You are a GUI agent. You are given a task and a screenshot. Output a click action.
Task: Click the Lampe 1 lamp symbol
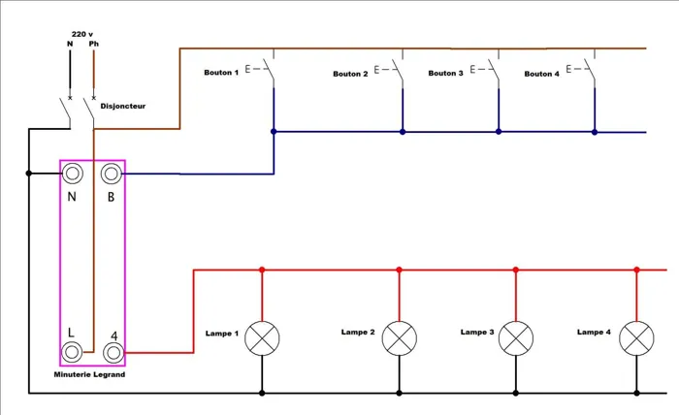point(262,336)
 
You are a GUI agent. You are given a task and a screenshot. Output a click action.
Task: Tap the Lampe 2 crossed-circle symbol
point(399,336)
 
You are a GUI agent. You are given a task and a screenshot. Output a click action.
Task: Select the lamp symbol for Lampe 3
point(516,336)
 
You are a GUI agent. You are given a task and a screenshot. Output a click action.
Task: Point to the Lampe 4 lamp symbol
point(636,336)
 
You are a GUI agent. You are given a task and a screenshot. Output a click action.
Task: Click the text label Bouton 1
point(221,73)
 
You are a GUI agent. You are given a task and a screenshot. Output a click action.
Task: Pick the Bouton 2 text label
point(350,74)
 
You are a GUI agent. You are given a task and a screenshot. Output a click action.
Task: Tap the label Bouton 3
point(445,73)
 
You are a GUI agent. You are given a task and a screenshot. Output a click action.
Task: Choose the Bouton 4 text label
point(541,74)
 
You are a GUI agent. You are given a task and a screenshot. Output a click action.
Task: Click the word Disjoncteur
point(123,106)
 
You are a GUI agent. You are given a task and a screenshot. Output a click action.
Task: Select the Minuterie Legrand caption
point(90,374)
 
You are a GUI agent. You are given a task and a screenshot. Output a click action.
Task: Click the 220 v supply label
point(82,32)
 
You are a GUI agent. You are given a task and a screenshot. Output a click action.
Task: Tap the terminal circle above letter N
point(72,174)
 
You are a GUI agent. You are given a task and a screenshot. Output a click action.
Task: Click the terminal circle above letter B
point(112,174)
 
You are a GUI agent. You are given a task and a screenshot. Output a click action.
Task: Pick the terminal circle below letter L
point(72,352)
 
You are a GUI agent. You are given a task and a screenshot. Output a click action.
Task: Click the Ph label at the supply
point(93,43)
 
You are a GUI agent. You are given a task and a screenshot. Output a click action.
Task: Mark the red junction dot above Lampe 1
point(262,270)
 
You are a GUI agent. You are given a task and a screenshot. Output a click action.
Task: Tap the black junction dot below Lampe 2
point(399,393)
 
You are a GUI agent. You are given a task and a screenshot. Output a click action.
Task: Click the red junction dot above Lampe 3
point(516,270)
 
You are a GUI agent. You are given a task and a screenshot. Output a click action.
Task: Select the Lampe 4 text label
point(594,332)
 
